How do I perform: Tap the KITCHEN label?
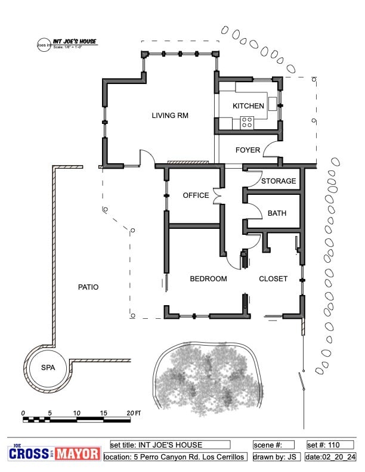click(x=248, y=106)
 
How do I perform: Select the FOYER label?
click(x=248, y=150)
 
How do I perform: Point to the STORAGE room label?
click(x=279, y=181)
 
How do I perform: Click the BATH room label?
click(x=277, y=213)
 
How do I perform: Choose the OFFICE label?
click(x=196, y=195)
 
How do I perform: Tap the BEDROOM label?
click(x=208, y=279)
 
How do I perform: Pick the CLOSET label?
click(x=273, y=279)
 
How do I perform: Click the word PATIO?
click(x=88, y=287)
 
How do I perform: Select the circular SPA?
click(x=48, y=368)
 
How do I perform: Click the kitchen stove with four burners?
click(x=247, y=123)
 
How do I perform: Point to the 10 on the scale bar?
click(x=77, y=413)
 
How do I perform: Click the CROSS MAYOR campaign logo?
click(x=54, y=454)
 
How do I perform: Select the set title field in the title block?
click(x=170, y=445)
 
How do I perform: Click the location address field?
click(x=175, y=457)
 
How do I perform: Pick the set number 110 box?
click(x=331, y=445)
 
